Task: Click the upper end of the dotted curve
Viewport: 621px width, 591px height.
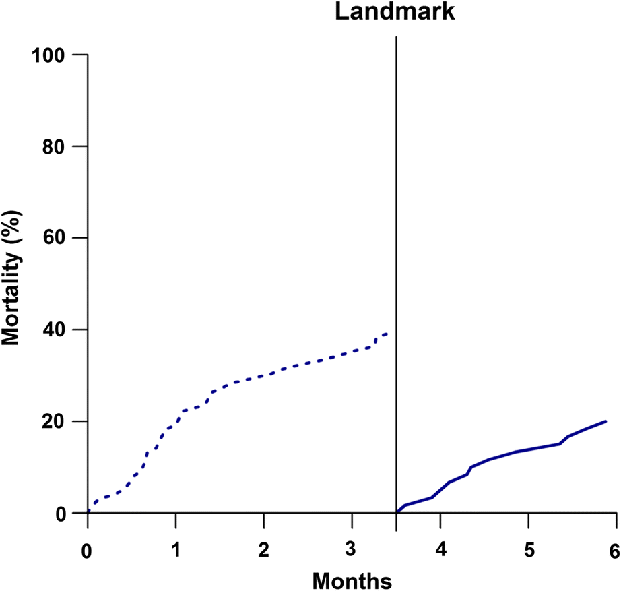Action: click(x=387, y=334)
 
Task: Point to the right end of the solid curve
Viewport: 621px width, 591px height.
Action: click(x=606, y=421)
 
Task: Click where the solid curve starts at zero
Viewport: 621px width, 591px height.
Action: click(x=397, y=513)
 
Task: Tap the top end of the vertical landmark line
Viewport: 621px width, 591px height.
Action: click(x=396, y=36)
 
